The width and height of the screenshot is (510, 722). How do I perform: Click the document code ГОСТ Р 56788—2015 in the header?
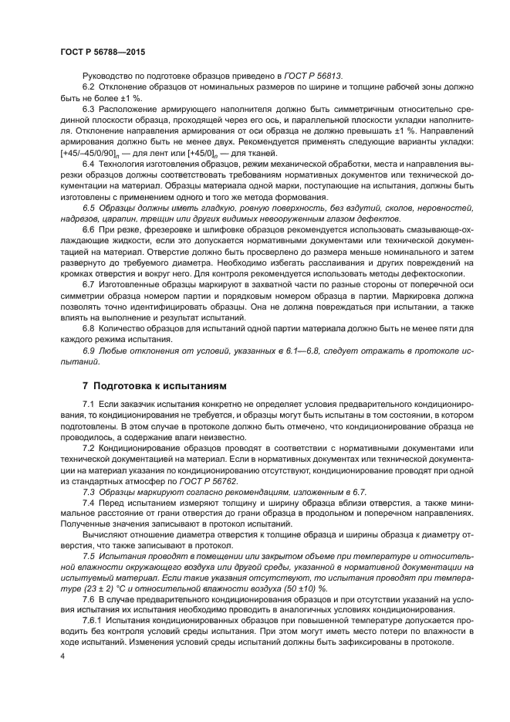(103, 51)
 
